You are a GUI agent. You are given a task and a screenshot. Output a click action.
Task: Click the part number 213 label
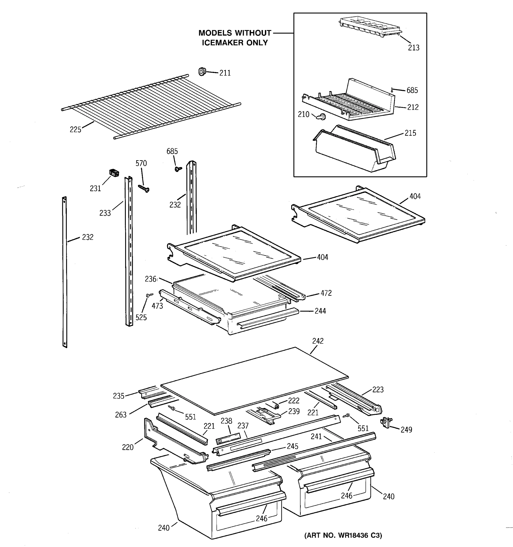pyautogui.click(x=413, y=48)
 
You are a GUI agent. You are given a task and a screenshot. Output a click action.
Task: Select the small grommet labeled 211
pyautogui.click(x=202, y=72)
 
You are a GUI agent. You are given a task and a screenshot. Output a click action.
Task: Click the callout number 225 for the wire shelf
pyautogui.click(x=75, y=130)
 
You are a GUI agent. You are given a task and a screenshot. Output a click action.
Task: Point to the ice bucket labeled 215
pyautogui.click(x=355, y=150)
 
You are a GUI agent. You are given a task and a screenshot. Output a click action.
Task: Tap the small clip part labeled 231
pyautogui.click(x=114, y=173)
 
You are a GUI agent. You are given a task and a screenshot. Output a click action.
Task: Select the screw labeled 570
pyautogui.click(x=144, y=188)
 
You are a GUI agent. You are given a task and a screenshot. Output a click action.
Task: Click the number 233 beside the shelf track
pyautogui.click(x=105, y=213)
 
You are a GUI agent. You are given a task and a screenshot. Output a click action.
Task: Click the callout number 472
pyautogui.click(x=326, y=293)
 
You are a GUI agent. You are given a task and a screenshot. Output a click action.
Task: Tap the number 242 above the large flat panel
pyautogui.click(x=318, y=341)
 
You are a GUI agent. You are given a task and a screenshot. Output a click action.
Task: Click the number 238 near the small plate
pyautogui.click(x=226, y=421)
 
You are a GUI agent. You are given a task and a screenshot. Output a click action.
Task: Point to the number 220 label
pyautogui.click(x=128, y=447)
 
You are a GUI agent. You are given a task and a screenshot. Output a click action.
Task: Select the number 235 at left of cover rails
pyautogui.click(x=119, y=396)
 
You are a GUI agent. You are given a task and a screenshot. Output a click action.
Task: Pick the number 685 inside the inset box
pyautogui.click(x=412, y=90)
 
